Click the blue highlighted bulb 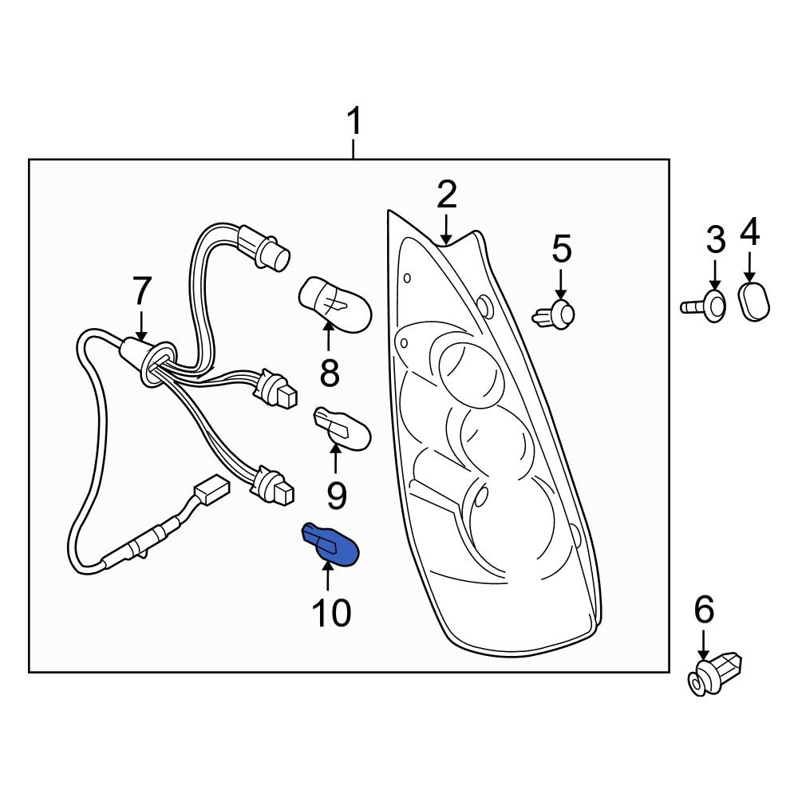pyautogui.click(x=330, y=543)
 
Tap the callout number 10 pyautogui.click(x=331, y=613)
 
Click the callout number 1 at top pyautogui.click(x=354, y=124)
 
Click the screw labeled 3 pyautogui.click(x=707, y=306)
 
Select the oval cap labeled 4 pyautogui.click(x=754, y=302)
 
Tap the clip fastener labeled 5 pyautogui.click(x=556, y=314)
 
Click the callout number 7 pyautogui.click(x=141, y=293)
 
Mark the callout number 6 pyautogui.click(x=704, y=610)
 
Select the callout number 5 pyautogui.click(x=562, y=250)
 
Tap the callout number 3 pyautogui.click(x=715, y=239)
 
